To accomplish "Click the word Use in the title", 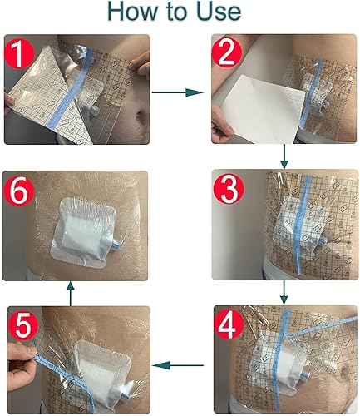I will point(216,12).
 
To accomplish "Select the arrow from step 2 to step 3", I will point(284,156).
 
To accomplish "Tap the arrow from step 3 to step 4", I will point(284,292).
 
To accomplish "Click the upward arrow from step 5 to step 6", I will point(72,292).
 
